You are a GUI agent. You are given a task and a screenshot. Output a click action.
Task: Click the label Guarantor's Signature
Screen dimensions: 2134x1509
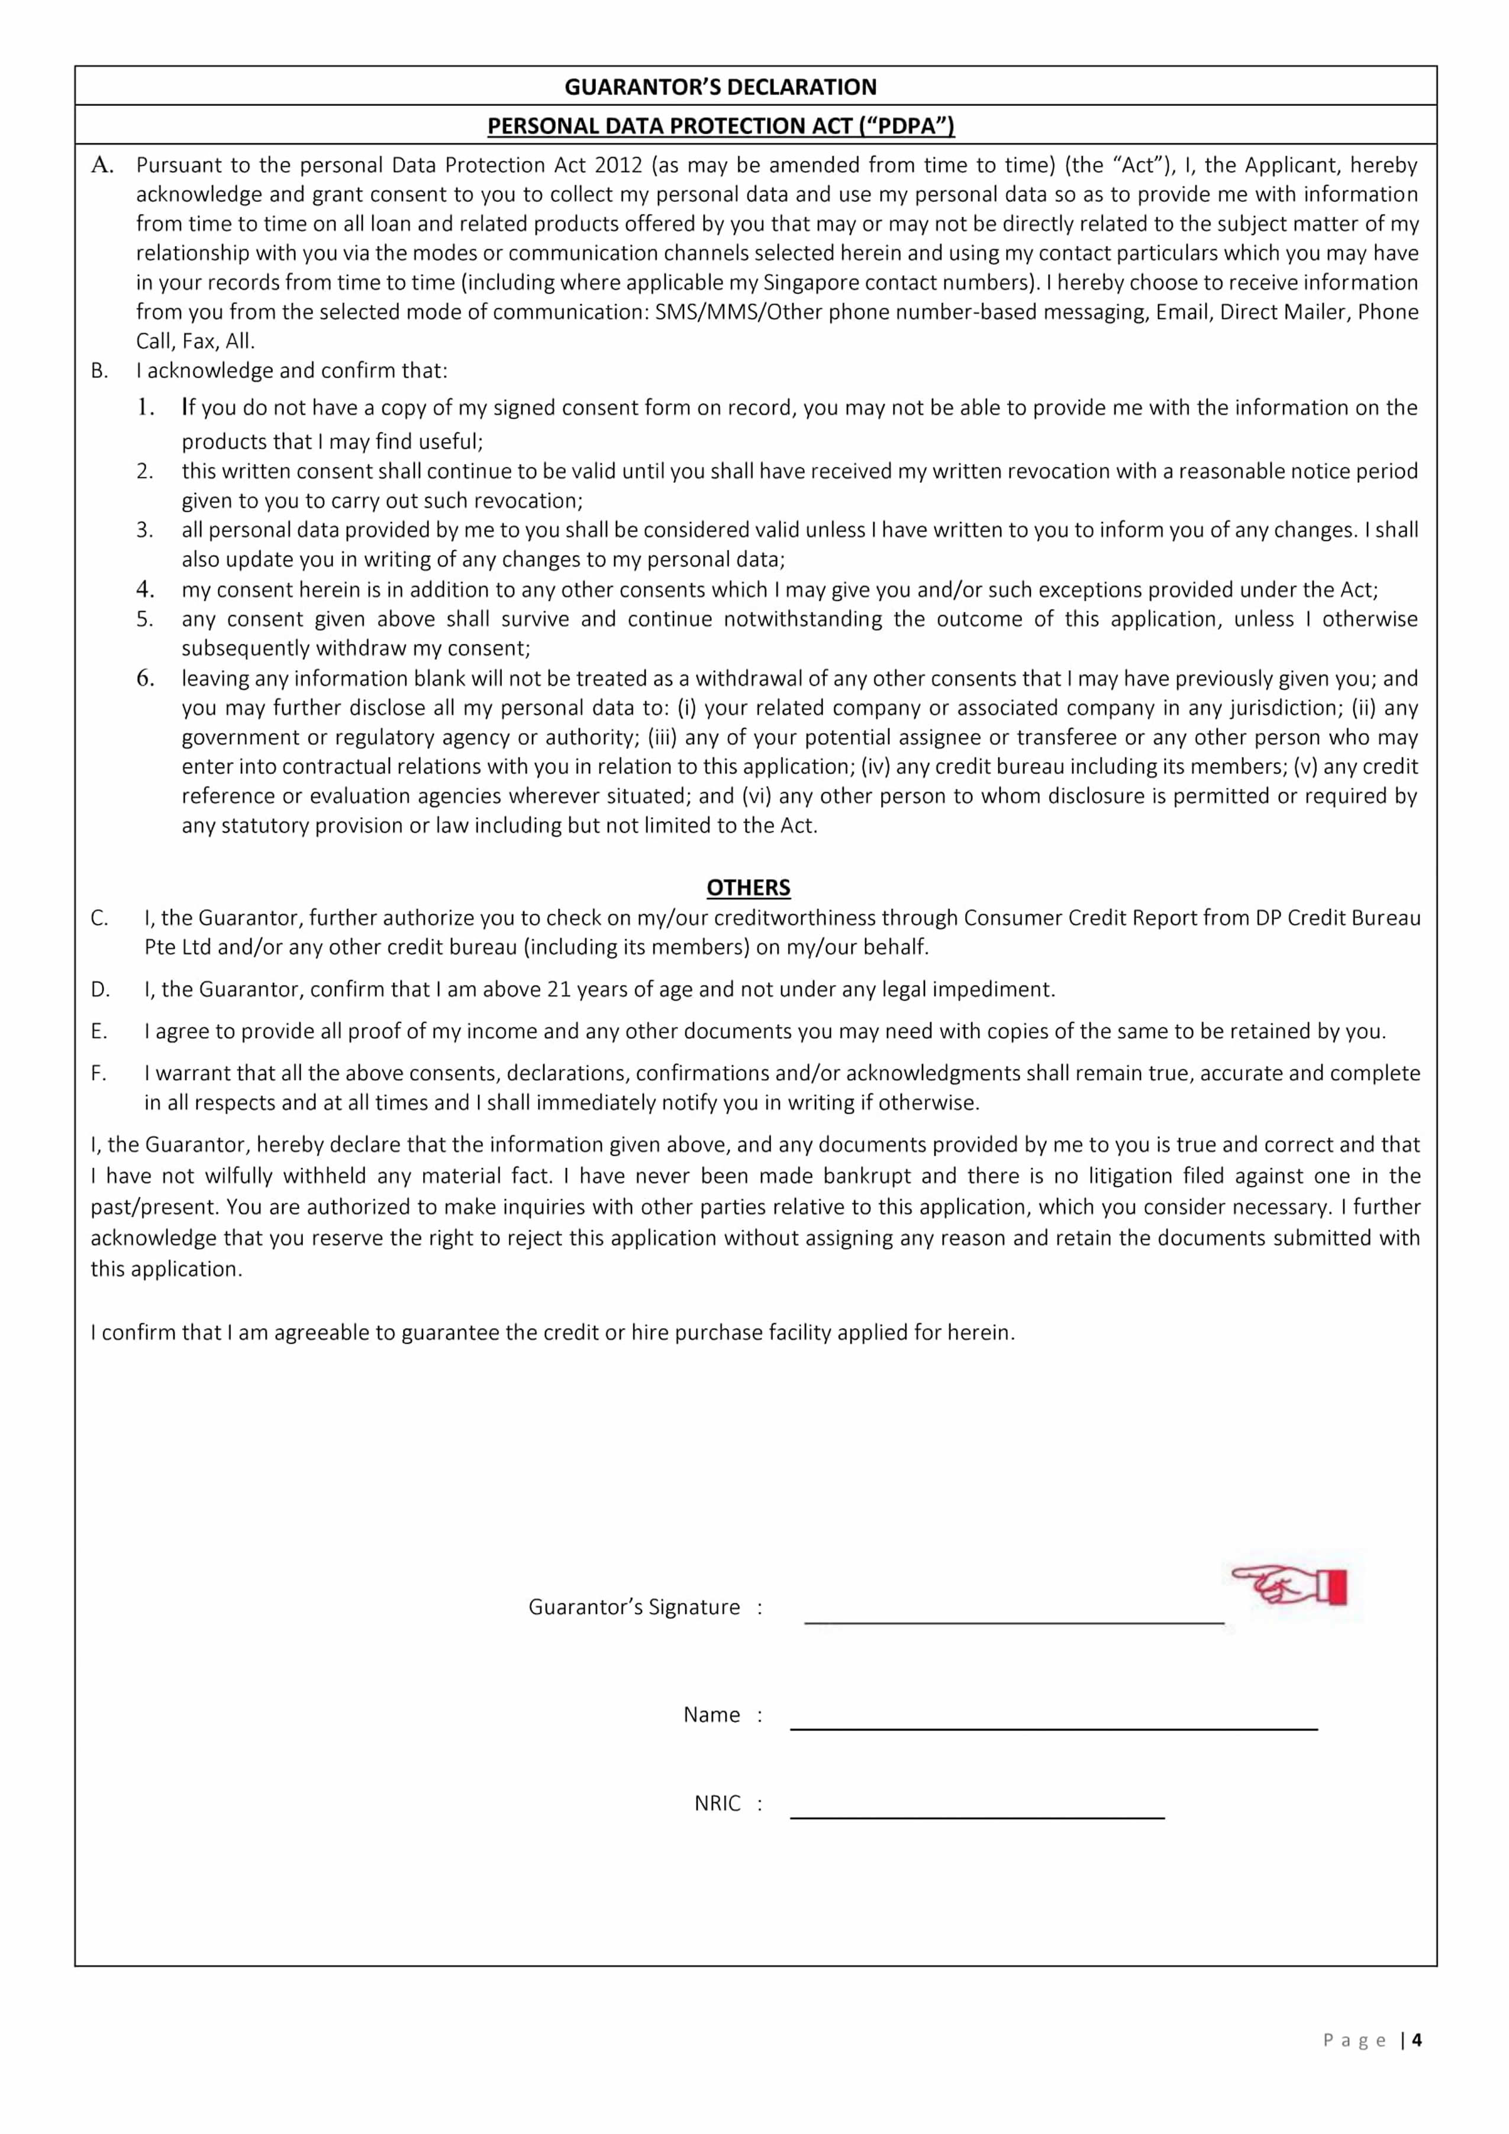634,1607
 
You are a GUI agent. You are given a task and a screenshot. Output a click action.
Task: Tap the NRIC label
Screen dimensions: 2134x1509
717,1804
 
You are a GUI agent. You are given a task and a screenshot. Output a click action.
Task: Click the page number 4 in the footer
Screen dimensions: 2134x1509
1417,2040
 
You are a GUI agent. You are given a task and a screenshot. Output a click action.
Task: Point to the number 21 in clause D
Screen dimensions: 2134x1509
559,989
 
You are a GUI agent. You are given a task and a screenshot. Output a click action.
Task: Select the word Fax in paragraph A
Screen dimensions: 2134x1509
198,340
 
